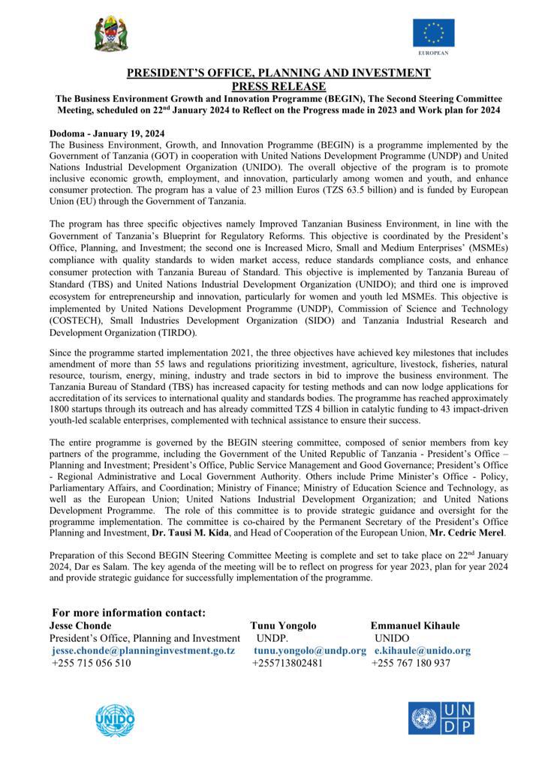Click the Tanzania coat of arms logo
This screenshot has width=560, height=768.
110,32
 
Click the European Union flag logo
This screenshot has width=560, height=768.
433,34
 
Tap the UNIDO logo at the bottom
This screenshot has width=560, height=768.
116,721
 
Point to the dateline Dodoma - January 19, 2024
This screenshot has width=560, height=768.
107,133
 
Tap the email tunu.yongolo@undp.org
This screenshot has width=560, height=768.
310,650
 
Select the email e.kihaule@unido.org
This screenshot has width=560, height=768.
423,650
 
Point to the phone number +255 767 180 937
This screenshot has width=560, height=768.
411,664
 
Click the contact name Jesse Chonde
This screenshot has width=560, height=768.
80,625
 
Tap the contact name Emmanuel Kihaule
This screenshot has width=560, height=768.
415,625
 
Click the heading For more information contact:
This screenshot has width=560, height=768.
128,613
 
